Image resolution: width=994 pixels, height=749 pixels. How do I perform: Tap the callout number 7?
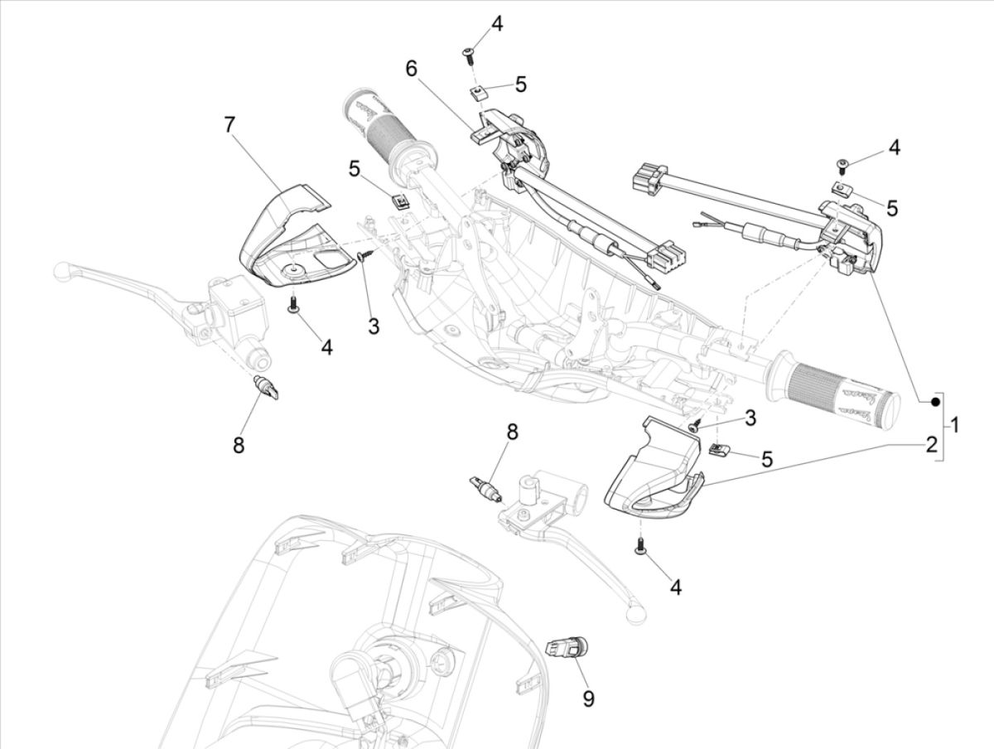click(229, 125)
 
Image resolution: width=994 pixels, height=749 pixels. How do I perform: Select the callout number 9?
click(588, 699)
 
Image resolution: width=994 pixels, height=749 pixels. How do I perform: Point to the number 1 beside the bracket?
click(955, 426)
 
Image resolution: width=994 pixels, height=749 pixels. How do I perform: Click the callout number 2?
click(931, 445)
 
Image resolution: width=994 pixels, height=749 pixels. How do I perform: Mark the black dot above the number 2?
click(934, 403)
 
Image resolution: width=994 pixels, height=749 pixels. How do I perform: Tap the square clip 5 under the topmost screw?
click(476, 90)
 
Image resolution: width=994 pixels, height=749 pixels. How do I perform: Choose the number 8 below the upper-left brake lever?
click(239, 446)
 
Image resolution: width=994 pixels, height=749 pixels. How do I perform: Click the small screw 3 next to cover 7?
click(363, 259)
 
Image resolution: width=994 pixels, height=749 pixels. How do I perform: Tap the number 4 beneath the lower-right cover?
click(676, 587)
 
